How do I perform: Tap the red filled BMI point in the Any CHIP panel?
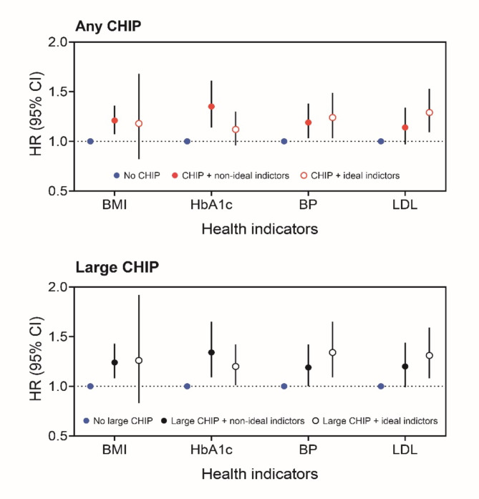tap(115, 120)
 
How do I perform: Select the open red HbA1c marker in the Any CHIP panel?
tap(236, 130)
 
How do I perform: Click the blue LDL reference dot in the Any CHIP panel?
tap(381, 141)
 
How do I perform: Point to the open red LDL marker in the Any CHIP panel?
tap(430, 112)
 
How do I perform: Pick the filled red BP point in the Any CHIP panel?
tap(309, 122)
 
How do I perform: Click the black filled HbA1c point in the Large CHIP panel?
tap(211, 352)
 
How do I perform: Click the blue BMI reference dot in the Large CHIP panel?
tap(90, 386)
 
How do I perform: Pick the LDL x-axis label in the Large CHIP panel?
tap(405, 452)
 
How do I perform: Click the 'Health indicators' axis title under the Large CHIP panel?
tap(260, 474)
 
